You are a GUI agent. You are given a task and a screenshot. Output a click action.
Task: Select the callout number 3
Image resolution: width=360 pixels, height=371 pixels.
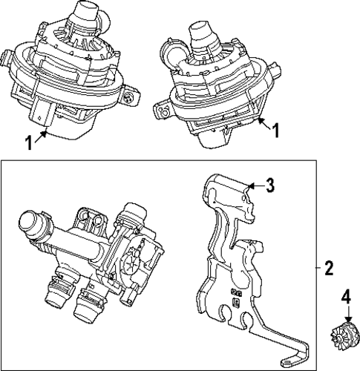coord(270,185)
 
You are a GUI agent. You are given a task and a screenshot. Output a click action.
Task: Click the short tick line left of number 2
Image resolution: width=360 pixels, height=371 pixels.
coord(316,266)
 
